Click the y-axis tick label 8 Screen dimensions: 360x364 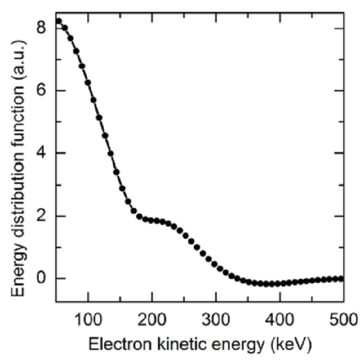click(x=43, y=28)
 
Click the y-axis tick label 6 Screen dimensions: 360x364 click(x=43, y=91)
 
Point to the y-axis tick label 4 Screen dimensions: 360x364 click(x=43, y=153)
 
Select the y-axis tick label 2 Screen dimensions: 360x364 click(x=43, y=216)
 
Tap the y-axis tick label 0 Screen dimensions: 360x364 click(x=43, y=279)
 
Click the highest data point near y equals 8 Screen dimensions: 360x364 click(x=58, y=21)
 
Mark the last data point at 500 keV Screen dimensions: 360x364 click(x=341, y=279)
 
